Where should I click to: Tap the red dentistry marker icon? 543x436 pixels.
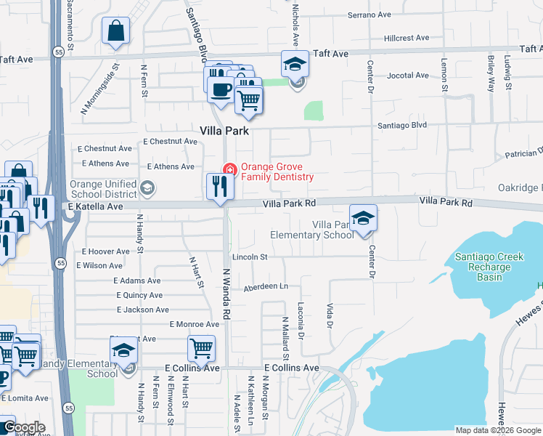click(230, 169)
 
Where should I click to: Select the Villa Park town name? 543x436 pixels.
click(224, 132)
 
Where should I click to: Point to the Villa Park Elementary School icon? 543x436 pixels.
click(363, 218)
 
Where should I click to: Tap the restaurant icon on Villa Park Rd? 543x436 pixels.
click(219, 187)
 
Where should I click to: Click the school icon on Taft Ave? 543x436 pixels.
click(295, 64)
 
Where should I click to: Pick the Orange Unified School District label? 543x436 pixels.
click(102, 189)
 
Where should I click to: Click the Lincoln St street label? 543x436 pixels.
click(250, 257)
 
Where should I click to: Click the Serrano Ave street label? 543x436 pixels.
click(370, 15)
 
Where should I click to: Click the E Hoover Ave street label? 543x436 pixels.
click(105, 251)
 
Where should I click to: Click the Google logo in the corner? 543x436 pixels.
click(24, 428)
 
